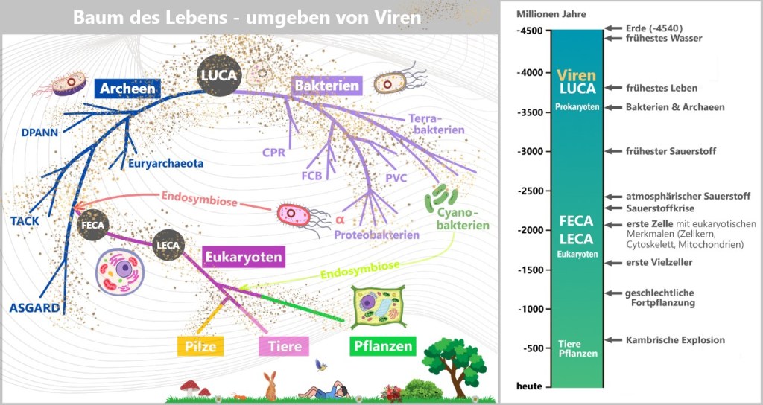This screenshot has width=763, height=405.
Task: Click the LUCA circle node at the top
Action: pyautogui.click(x=218, y=75)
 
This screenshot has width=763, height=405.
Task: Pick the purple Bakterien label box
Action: pyautogui.click(x=327, y=86)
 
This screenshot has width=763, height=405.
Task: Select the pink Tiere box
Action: pyautogui.click(x=281, y=347)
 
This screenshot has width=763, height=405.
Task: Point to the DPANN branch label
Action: pyautogui.click(x=39, y=134)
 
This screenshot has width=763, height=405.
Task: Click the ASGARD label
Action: pyautogui.click(x=34, y=307)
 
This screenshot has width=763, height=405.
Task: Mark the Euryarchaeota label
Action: pyautogui.click(x=165, y=164)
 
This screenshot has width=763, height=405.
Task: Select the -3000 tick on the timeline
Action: pyautogui.click(x=533, y=151)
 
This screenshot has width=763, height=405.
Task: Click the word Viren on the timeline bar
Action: pyautogui.click(x=577, y=75)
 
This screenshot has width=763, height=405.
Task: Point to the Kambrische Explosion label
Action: pyautogui.click(x=674, y=340)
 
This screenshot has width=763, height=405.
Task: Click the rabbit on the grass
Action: pyautogui.click(x=270, y=386)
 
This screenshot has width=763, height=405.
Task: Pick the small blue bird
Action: pyautogui.click(x=322, y=365)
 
